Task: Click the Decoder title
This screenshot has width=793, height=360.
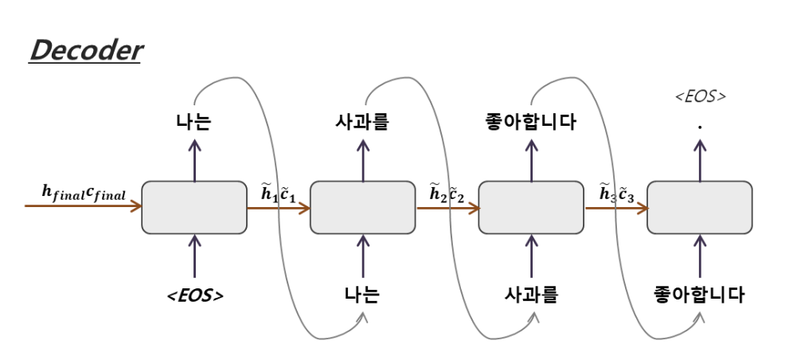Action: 85,52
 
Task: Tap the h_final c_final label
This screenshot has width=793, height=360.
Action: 83,191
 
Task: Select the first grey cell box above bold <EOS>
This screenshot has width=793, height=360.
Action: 194,207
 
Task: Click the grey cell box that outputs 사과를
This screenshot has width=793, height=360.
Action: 363,207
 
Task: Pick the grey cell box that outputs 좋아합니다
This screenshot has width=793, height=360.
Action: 531,207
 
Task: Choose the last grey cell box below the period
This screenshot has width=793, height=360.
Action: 700,207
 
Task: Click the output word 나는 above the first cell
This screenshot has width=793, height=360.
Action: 194,122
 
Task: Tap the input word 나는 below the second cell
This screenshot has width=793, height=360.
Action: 363,295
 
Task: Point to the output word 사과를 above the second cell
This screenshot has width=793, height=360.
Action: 363,122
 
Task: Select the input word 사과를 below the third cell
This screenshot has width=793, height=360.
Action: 531,295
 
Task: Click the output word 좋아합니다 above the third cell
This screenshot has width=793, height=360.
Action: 531,122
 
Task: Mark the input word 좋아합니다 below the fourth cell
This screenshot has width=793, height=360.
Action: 700,295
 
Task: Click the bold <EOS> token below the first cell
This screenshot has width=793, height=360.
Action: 194,295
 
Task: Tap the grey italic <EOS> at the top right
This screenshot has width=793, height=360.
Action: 700,96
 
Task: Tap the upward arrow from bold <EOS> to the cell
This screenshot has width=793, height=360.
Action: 194,255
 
